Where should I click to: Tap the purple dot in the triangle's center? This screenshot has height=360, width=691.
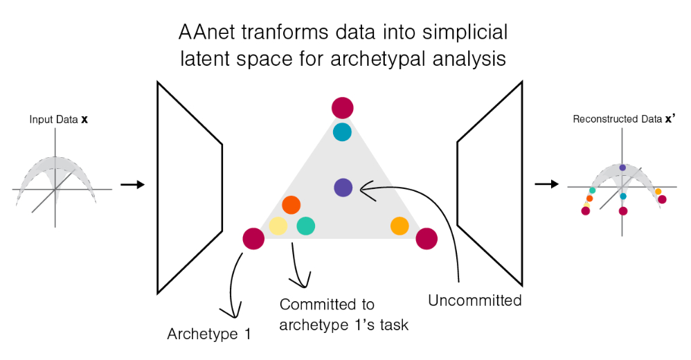pyautogui.click(x=343, y=187)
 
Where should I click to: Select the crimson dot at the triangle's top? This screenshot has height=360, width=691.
pyautogui.click(x=342, y=108)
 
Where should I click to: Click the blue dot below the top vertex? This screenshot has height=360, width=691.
pyautogui.click(x=342, y=132)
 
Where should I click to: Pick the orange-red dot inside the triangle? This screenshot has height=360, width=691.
pyautogui.click(x=291, y=205)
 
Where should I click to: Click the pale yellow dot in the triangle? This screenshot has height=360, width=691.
pyautogui.click(x=278, y=226)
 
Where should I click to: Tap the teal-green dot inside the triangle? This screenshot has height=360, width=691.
pyautogui.click(x=306, y=226)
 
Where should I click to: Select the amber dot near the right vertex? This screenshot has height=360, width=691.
pyautogui.click(x=400, y=226)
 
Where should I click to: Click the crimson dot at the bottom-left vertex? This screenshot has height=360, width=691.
pyautogui.click(x=253, y=240)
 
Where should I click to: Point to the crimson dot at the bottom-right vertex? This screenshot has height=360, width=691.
pyautogui.click(x=427, y=240)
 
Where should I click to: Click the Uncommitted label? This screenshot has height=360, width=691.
pyautogui.click(x=474, y=300)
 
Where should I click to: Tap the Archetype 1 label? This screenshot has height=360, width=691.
pyautogui.click(x=208, y=334)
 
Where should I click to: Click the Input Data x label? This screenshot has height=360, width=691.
pyautogui.click(x=58, y=120)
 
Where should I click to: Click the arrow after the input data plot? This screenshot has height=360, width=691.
pyautogui.click(x=132, y=185)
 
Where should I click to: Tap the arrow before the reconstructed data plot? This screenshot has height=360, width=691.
pyautogui.click(x=547, y=185)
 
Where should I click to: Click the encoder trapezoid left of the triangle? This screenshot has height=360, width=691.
pyautogui.click(x=189, y=187)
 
